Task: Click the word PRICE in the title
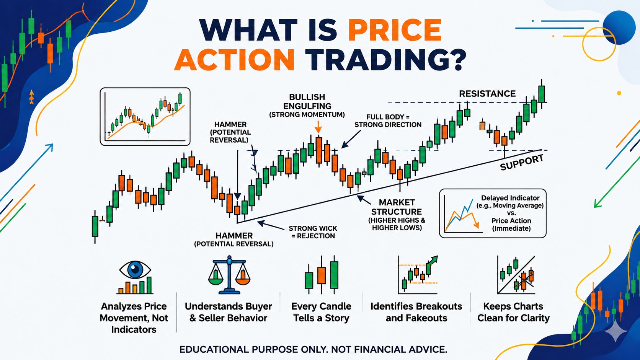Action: click(x=395, y=30)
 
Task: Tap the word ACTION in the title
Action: click(x=234, y=60)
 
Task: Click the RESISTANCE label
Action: click(x=487, y=94)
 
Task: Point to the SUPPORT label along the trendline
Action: click(x=522, y=163)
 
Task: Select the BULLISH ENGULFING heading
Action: click(x=307, y=102)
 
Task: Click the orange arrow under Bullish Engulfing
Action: click(x=318, y=127)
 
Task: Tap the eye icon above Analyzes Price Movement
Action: click(x=135, y=269)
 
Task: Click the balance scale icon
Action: click(x=229, y=275)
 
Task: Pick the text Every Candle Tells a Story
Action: click(x=321, y=312)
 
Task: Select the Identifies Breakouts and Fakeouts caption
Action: click(x=416, y=312)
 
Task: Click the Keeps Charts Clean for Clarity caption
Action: click(x=513, y=312)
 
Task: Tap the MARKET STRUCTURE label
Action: click(x=397, y=207)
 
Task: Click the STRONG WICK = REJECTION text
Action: click(x=313, y=232)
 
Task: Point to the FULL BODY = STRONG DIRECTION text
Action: click(x=388, y=121)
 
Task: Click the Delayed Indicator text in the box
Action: click(x=510, y=198)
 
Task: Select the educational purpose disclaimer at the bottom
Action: click(x=313, y=349)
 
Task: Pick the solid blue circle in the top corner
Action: click(x=619, y=28)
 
